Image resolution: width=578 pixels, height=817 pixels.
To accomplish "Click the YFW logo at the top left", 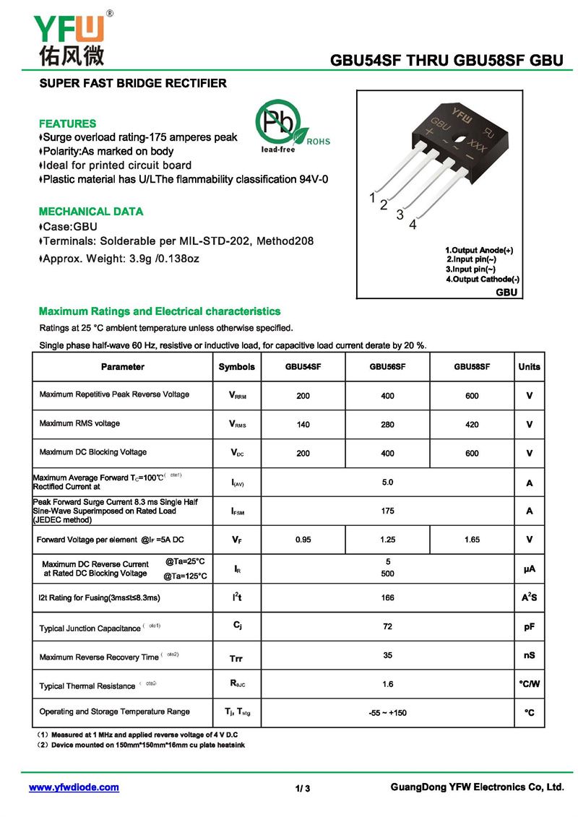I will (69, 38).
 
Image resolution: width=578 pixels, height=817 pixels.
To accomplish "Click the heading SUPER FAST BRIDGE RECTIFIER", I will (133, 83).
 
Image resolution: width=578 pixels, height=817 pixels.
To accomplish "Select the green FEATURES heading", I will (67, 124).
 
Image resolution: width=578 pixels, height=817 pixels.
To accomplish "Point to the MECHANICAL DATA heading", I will (91, 212).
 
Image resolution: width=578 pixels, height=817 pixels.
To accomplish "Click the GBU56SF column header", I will (387, 367).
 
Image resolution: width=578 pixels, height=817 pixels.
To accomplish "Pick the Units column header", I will (529, 367).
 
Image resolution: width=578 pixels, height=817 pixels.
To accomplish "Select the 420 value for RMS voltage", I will (472, 425).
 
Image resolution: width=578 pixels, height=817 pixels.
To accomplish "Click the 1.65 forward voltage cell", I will (472, 540).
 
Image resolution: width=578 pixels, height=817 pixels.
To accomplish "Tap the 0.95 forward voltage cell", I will (303, 540).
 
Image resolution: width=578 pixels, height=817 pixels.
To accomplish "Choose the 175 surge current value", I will (387, 511).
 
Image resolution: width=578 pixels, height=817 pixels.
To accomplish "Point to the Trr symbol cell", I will (236, 658).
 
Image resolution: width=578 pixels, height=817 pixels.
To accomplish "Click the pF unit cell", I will (529, 627).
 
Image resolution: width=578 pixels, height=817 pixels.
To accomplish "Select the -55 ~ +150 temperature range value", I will (387, 713).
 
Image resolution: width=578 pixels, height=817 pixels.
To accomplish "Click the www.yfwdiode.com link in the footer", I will (74, 787).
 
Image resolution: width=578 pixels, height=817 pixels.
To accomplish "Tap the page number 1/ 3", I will (303, 788).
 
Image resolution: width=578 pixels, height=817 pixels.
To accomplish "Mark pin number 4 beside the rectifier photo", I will (413, 225).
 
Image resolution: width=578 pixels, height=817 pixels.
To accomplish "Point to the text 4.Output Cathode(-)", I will (482, 279).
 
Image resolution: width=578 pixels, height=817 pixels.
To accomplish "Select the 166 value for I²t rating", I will (387, 598).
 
